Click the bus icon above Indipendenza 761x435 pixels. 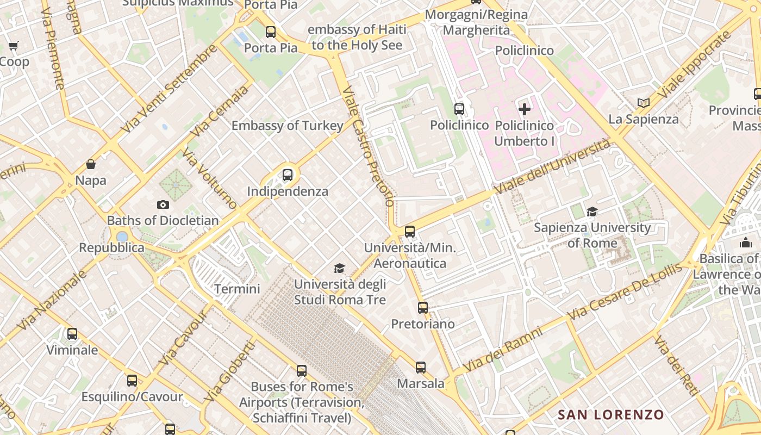pos(288,175)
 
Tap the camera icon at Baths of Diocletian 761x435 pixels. pos(163,204)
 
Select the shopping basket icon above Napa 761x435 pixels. pos(91,164)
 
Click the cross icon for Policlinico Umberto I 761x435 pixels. pos(525,109)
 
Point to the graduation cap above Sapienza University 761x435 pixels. pos(592,212)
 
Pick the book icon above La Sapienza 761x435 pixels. pos(644,103)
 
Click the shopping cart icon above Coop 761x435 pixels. pos(14,46)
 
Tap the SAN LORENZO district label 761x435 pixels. pos(611,415)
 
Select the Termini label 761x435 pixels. pos(237,289)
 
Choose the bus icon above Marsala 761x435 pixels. pos(421,367)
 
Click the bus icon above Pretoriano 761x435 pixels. pos(423,308)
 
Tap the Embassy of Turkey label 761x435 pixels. pos(287,126)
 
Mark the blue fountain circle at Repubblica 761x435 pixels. pos(122,237)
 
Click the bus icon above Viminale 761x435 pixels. pos(72,334)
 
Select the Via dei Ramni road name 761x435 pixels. pos(502,349)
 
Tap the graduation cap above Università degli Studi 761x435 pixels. pos(340,268)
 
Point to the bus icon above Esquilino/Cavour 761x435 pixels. pos(132,381)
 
